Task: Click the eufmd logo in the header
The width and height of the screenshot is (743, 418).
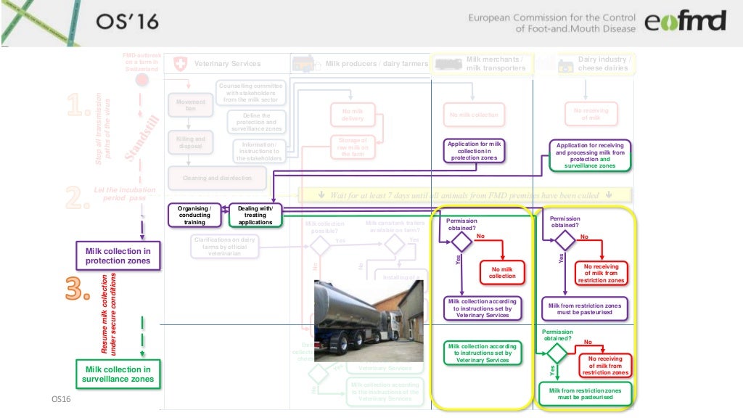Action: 685,22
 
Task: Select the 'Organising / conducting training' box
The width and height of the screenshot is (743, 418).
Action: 194,215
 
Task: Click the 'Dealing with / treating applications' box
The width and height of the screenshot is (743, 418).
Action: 255,215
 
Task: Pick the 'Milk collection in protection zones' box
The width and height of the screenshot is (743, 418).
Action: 118,256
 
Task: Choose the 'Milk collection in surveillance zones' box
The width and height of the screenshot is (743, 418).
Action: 118,374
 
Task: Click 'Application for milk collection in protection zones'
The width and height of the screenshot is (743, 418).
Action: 475,151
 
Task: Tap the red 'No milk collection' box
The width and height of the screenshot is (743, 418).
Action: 501,272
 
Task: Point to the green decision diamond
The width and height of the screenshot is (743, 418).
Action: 557,353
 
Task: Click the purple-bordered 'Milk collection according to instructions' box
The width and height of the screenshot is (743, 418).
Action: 482,308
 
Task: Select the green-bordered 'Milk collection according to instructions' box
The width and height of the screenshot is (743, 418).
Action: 482,353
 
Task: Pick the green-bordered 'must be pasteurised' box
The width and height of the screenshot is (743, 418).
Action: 584,394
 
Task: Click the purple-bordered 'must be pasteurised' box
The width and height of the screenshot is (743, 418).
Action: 585,308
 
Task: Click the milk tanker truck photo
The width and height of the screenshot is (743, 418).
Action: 368,319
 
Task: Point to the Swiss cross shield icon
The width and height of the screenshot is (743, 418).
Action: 181,64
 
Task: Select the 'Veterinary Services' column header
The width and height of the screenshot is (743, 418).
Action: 227,64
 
